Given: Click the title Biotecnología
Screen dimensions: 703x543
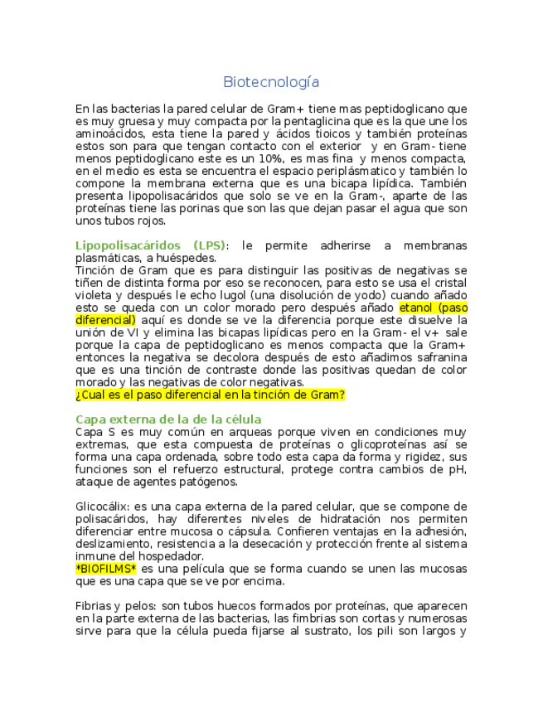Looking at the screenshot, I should pyautogui.click(x=271, y=83).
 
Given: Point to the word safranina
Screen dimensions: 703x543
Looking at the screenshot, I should pyautogui.click(x=438, y=357).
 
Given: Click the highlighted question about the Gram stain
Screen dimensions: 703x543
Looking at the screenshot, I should pyautogui.click(x=210, y=395).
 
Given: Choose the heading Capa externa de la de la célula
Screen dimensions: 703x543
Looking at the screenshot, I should pyautogui.click(x=168, y=419).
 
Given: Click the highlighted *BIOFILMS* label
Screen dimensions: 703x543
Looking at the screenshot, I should pyautogui.click(x=106, y=569).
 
